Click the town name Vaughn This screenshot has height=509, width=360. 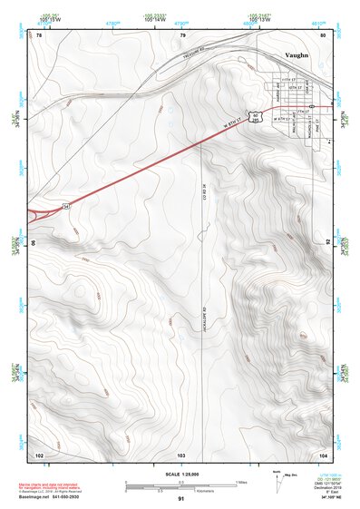pos(297,55)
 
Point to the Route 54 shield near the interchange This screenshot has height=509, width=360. pos(66,206)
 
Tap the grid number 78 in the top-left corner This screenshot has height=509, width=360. pos(39,35)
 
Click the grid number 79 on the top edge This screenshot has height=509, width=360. pos(182,35)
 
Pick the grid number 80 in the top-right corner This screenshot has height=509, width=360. pos(324,35)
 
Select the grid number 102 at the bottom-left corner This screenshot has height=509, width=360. pos(39,454)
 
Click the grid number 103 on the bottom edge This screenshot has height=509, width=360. pos(181,454)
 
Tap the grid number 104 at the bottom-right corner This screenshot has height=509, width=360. pos(323,454)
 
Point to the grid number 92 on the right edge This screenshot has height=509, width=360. pos(328,243)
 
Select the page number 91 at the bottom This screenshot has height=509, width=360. pos(181,499)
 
